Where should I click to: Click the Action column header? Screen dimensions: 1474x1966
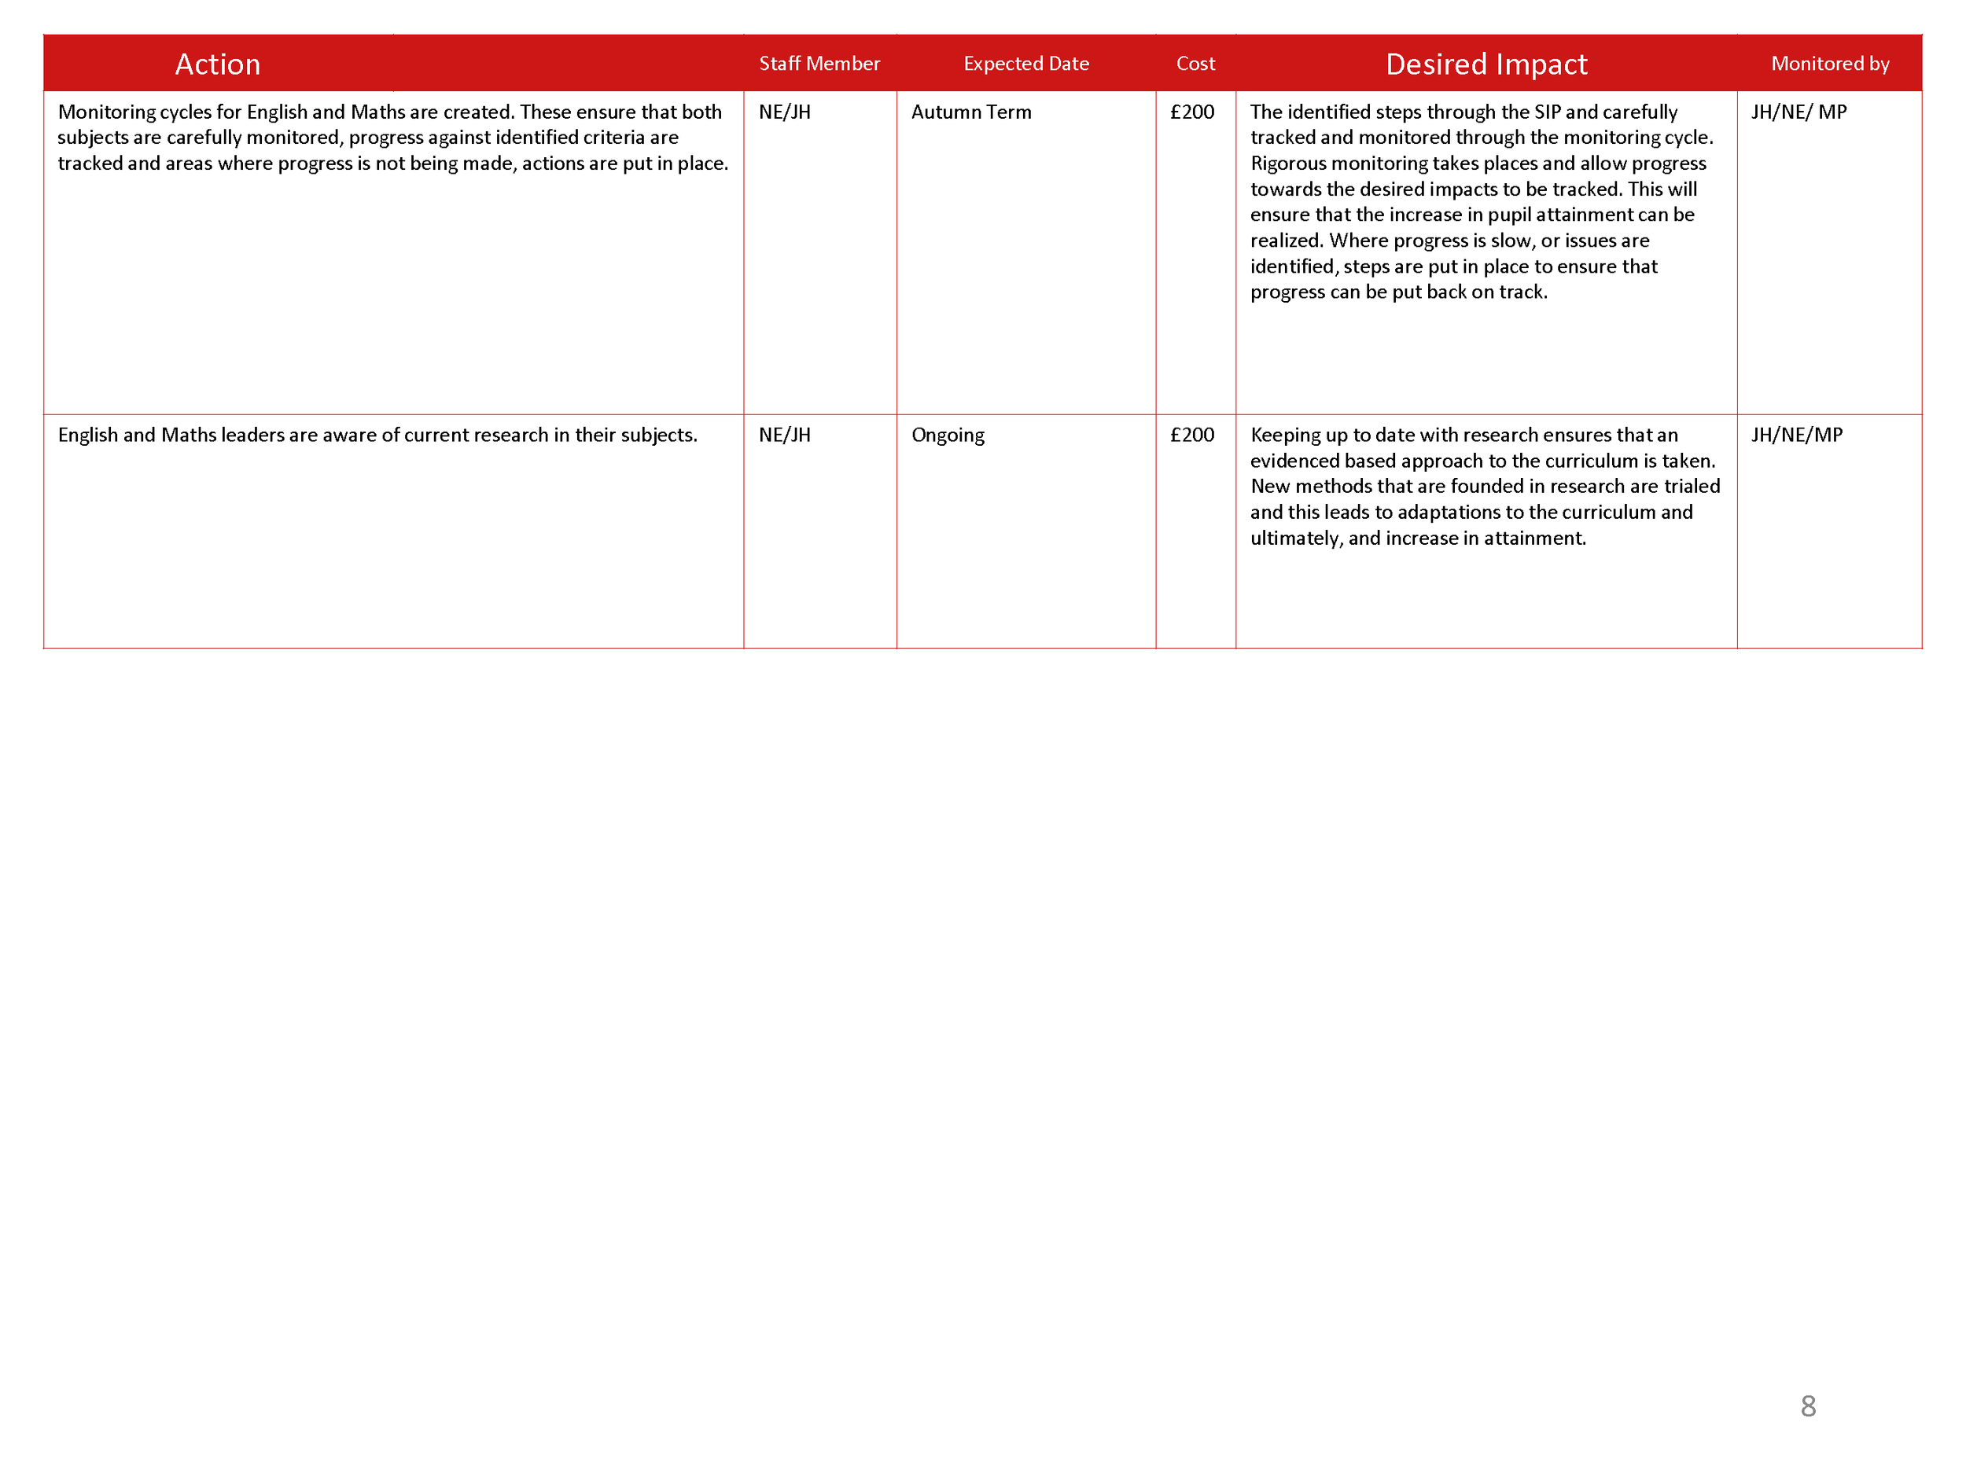(x=218, y=64)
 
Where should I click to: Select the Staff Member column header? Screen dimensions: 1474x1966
(x=819, y=64)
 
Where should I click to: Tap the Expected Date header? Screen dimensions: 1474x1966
(x=1025, y=64)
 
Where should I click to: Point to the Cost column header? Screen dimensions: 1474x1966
(x=1195, y=64)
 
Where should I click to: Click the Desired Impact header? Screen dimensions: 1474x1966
(x=1486, y=64)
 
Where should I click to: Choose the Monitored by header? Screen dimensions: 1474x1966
(x=1829, y=64)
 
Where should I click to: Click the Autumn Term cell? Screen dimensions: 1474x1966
(x=970, y=112)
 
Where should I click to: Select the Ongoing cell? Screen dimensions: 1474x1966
(x=948, y=436)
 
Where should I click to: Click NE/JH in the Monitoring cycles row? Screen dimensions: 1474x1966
(x=784, y=112)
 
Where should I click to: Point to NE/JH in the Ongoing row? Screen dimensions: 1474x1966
(x=784, y=436)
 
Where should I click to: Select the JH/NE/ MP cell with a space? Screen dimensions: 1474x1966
(x=1798, y=112)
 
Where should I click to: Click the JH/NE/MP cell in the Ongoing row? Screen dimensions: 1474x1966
(x=1796, y=436)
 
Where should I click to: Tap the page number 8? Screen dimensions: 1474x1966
(x=1808, y=1406)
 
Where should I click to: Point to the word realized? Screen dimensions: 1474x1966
(x=1286, y=241)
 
